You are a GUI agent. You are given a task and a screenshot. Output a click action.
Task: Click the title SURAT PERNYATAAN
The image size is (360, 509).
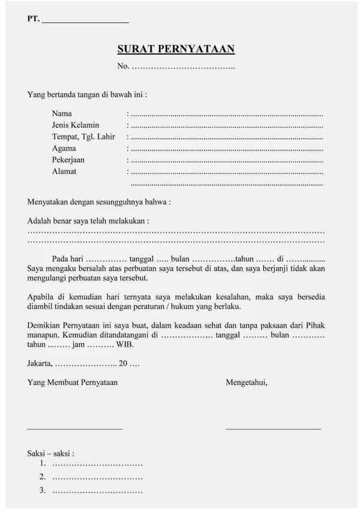(x=176, y=49)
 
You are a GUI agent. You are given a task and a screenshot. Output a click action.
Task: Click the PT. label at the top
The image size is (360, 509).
(x=33, y=19)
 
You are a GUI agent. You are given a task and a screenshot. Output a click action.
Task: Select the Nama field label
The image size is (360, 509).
(x=62, y=113)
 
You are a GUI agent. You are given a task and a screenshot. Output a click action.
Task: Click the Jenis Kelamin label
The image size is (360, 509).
(x=76, y=125)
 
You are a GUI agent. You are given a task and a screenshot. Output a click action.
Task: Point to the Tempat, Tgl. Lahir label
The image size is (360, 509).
(x=83, y=137)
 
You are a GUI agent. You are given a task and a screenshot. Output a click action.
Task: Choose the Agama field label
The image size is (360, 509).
(x=64, y=148)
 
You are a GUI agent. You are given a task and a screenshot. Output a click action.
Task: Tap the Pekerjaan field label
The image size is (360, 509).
(x=68, y=159)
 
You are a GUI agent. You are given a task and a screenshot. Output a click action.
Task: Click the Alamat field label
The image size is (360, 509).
(x=64, y=171)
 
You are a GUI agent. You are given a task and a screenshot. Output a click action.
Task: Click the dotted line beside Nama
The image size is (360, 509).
(x=227, y=114)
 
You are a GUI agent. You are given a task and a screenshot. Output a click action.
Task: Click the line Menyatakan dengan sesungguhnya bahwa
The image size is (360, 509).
(x=99, y=202)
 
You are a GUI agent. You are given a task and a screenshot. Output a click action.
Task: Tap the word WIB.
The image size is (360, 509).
(x=125, y=345)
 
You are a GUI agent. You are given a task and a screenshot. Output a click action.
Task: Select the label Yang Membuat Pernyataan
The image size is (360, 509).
(x=73, y=382)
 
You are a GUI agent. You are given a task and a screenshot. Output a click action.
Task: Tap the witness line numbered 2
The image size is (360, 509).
(x=97, y=477)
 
